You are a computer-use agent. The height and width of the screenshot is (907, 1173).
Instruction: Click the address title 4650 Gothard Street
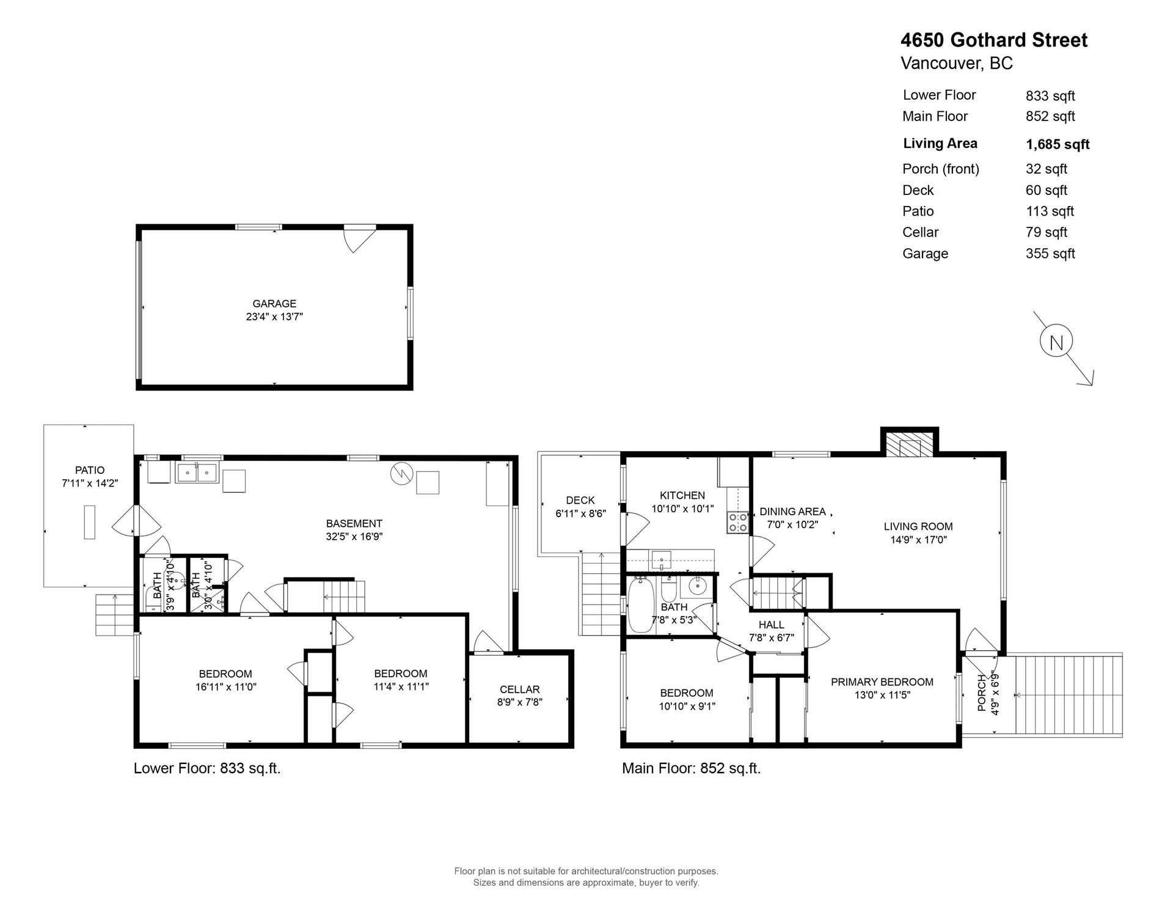[x=994, y=40]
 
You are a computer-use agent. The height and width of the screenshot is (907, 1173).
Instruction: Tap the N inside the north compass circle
[x=1056, y=343]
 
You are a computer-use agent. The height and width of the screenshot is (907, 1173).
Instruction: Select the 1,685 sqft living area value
[x=1058, y=145]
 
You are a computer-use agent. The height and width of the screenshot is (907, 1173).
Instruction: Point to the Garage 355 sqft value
[x=1050, y=254]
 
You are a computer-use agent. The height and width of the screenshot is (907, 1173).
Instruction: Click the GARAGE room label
[x=274, y=304]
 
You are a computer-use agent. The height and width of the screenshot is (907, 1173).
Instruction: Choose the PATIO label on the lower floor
[x=90, y=470]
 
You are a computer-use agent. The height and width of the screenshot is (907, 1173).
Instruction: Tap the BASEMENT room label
[x=354, y=524]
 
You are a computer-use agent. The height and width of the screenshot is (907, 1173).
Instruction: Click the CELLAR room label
[x=520, y=689]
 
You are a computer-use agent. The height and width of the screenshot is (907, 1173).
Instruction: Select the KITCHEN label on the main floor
[x=682, y=496]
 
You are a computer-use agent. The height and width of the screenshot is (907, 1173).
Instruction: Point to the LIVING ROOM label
[x=918, y=526]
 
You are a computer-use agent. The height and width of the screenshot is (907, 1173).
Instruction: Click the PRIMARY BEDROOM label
[x=882, y=682]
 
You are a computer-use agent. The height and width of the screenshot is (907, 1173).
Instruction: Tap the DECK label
[x=580, y=501]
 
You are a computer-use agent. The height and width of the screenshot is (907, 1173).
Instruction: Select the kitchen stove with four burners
[x=738, y=522]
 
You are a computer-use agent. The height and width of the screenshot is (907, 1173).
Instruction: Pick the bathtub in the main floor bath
[x=641, y=606]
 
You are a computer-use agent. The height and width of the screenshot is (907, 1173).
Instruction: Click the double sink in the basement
[x=197, y=472]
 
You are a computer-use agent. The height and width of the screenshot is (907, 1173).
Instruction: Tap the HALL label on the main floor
[x=772, y=625]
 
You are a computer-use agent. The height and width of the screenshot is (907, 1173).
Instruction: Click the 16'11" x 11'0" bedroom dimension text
[x=226, y=686]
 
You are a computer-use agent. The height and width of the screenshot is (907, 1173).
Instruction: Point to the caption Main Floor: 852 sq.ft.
[x=692, y=768]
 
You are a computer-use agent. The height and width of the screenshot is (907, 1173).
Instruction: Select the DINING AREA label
[x=792, y=512]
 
